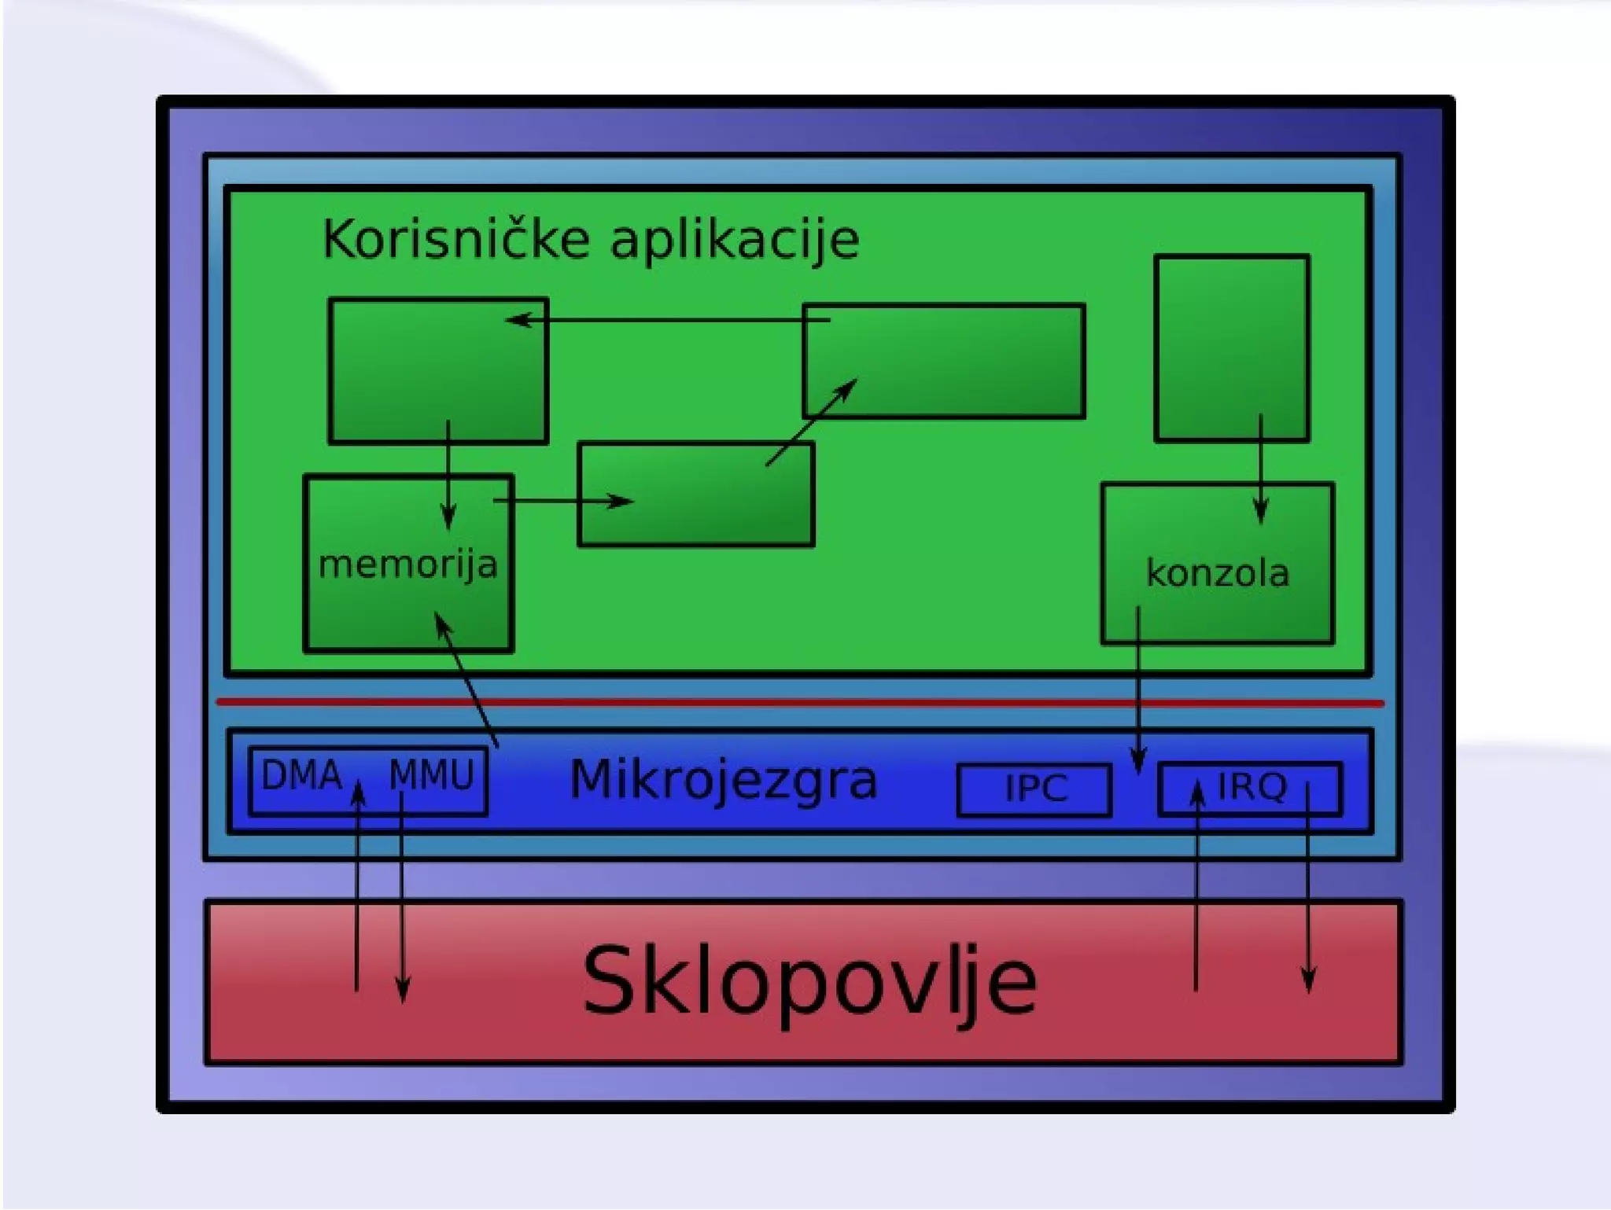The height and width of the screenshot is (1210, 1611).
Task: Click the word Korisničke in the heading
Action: pos(456,239)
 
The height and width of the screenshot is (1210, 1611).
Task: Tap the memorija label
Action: pos(407,565)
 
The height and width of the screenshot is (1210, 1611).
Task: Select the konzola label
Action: pos(1217,573)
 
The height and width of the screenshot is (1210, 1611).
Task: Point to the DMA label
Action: pos(301,776)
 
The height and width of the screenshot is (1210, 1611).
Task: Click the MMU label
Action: pos(432,776)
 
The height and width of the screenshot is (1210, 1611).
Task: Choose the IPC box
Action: pos(1034,789)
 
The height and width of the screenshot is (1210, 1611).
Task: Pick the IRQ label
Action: pos(1252,787)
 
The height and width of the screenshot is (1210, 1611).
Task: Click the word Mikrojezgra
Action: pos(723,780)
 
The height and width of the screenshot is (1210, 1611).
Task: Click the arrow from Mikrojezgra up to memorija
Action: pos(467,681)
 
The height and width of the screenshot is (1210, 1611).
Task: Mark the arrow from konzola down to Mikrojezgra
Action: pos(1137,692)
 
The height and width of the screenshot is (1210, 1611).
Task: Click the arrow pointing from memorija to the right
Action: pos(562,501)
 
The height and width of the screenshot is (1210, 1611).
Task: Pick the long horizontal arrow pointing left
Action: pos(669,320)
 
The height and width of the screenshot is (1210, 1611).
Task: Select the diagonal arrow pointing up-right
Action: pos(811,422)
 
